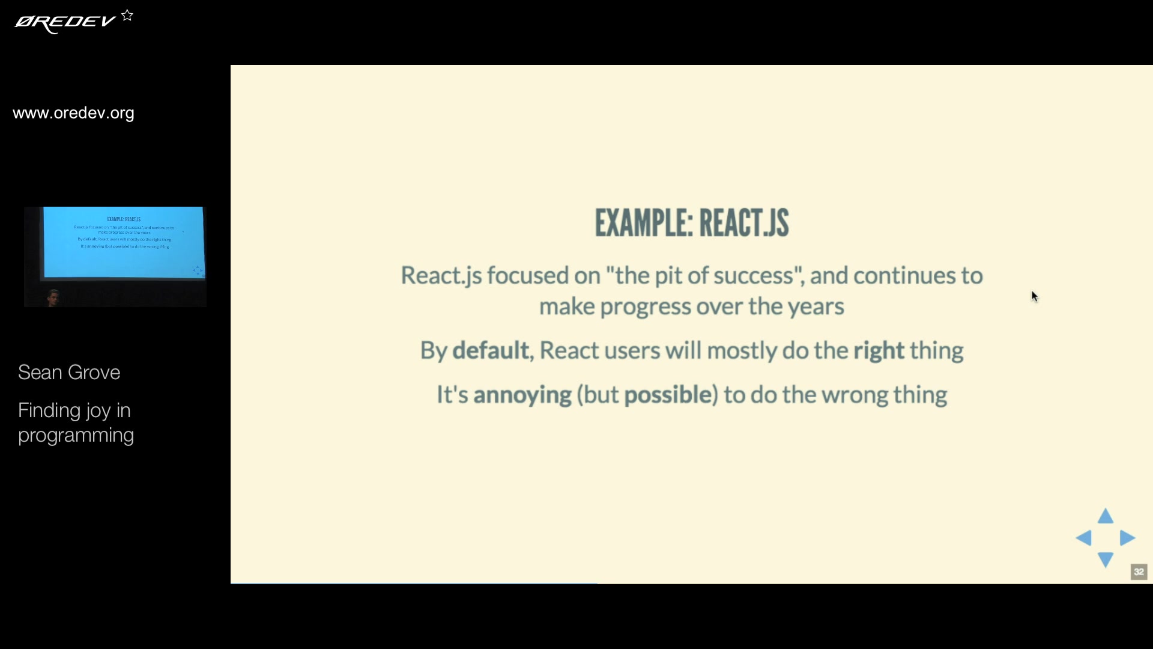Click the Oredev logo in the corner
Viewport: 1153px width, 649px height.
point(65,23)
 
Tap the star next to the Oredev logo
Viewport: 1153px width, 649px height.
point(127,16)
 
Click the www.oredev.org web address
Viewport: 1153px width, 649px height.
point(73,113)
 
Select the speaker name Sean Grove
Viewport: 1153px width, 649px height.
point(69,373)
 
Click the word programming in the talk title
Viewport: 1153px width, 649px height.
point(76,435)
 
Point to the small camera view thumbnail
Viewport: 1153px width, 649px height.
point(115,257)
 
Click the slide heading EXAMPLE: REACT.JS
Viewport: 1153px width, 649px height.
point(691,223)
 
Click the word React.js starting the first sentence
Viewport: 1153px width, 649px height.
point(441,276)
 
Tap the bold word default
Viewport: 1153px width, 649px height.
point(490,350)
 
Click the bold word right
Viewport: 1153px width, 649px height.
point(879,350)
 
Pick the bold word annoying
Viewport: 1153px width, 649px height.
point(522,395)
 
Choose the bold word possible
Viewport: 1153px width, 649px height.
point(668,395)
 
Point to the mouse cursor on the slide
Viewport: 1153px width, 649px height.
point(1035,296)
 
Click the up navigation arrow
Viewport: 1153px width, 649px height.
point(1106,517)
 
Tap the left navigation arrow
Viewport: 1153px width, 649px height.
point(1084,538)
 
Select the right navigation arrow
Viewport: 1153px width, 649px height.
point(1127,538)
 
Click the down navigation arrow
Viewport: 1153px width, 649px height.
point(1106,559)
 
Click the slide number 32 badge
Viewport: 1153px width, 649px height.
point(1139,571)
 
